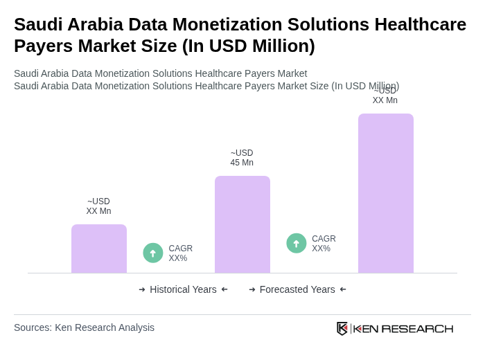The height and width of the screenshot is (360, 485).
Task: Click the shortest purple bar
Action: pyautogui.click(x=98, y=249)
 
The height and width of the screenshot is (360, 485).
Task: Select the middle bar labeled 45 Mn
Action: pyautogui.click(x=242, y=224)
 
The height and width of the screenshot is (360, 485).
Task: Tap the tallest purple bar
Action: pyautogui.click(x=385, y=193)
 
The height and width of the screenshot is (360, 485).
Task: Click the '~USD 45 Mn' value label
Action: pyautogui.click(x=242, y=158)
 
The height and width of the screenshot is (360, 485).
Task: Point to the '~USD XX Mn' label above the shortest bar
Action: pyautogui.click(x=98, y=206)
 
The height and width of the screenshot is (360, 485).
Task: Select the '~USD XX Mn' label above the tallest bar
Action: pyautogui.click(x=385, y=96)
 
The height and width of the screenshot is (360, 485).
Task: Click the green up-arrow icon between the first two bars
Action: pyautogui.click(x=153, y=253)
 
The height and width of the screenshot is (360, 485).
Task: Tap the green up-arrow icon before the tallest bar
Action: pyautogui.click(x=297, y=244)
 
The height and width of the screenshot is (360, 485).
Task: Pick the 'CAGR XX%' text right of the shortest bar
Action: pyautogui.click(x=180, y=253)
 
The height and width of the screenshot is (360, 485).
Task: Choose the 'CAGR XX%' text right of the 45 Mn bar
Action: pyautogui.click(x=324, y=244)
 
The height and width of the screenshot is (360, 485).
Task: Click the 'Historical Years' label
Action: pyautogui.click(x=183, y=289)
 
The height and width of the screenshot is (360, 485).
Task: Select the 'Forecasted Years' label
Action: pyautogui.click(x=297, y=289)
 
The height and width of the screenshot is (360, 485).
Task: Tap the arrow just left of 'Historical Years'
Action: pyautogui.click(x=142, y=289)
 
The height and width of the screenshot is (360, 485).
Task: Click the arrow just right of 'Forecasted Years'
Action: pyautogui.click(x=343, y=289)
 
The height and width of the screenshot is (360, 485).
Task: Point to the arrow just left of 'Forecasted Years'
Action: pyautogui.click(x=252, y=289)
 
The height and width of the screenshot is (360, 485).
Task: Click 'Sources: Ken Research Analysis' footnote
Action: pyautogui.click(x=84, y=327)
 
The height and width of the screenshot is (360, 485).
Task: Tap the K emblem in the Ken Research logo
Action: pyautogui.click(x=342, y=328)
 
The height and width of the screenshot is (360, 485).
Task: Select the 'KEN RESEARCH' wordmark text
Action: pyautogui.click(x=403, y=328)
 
